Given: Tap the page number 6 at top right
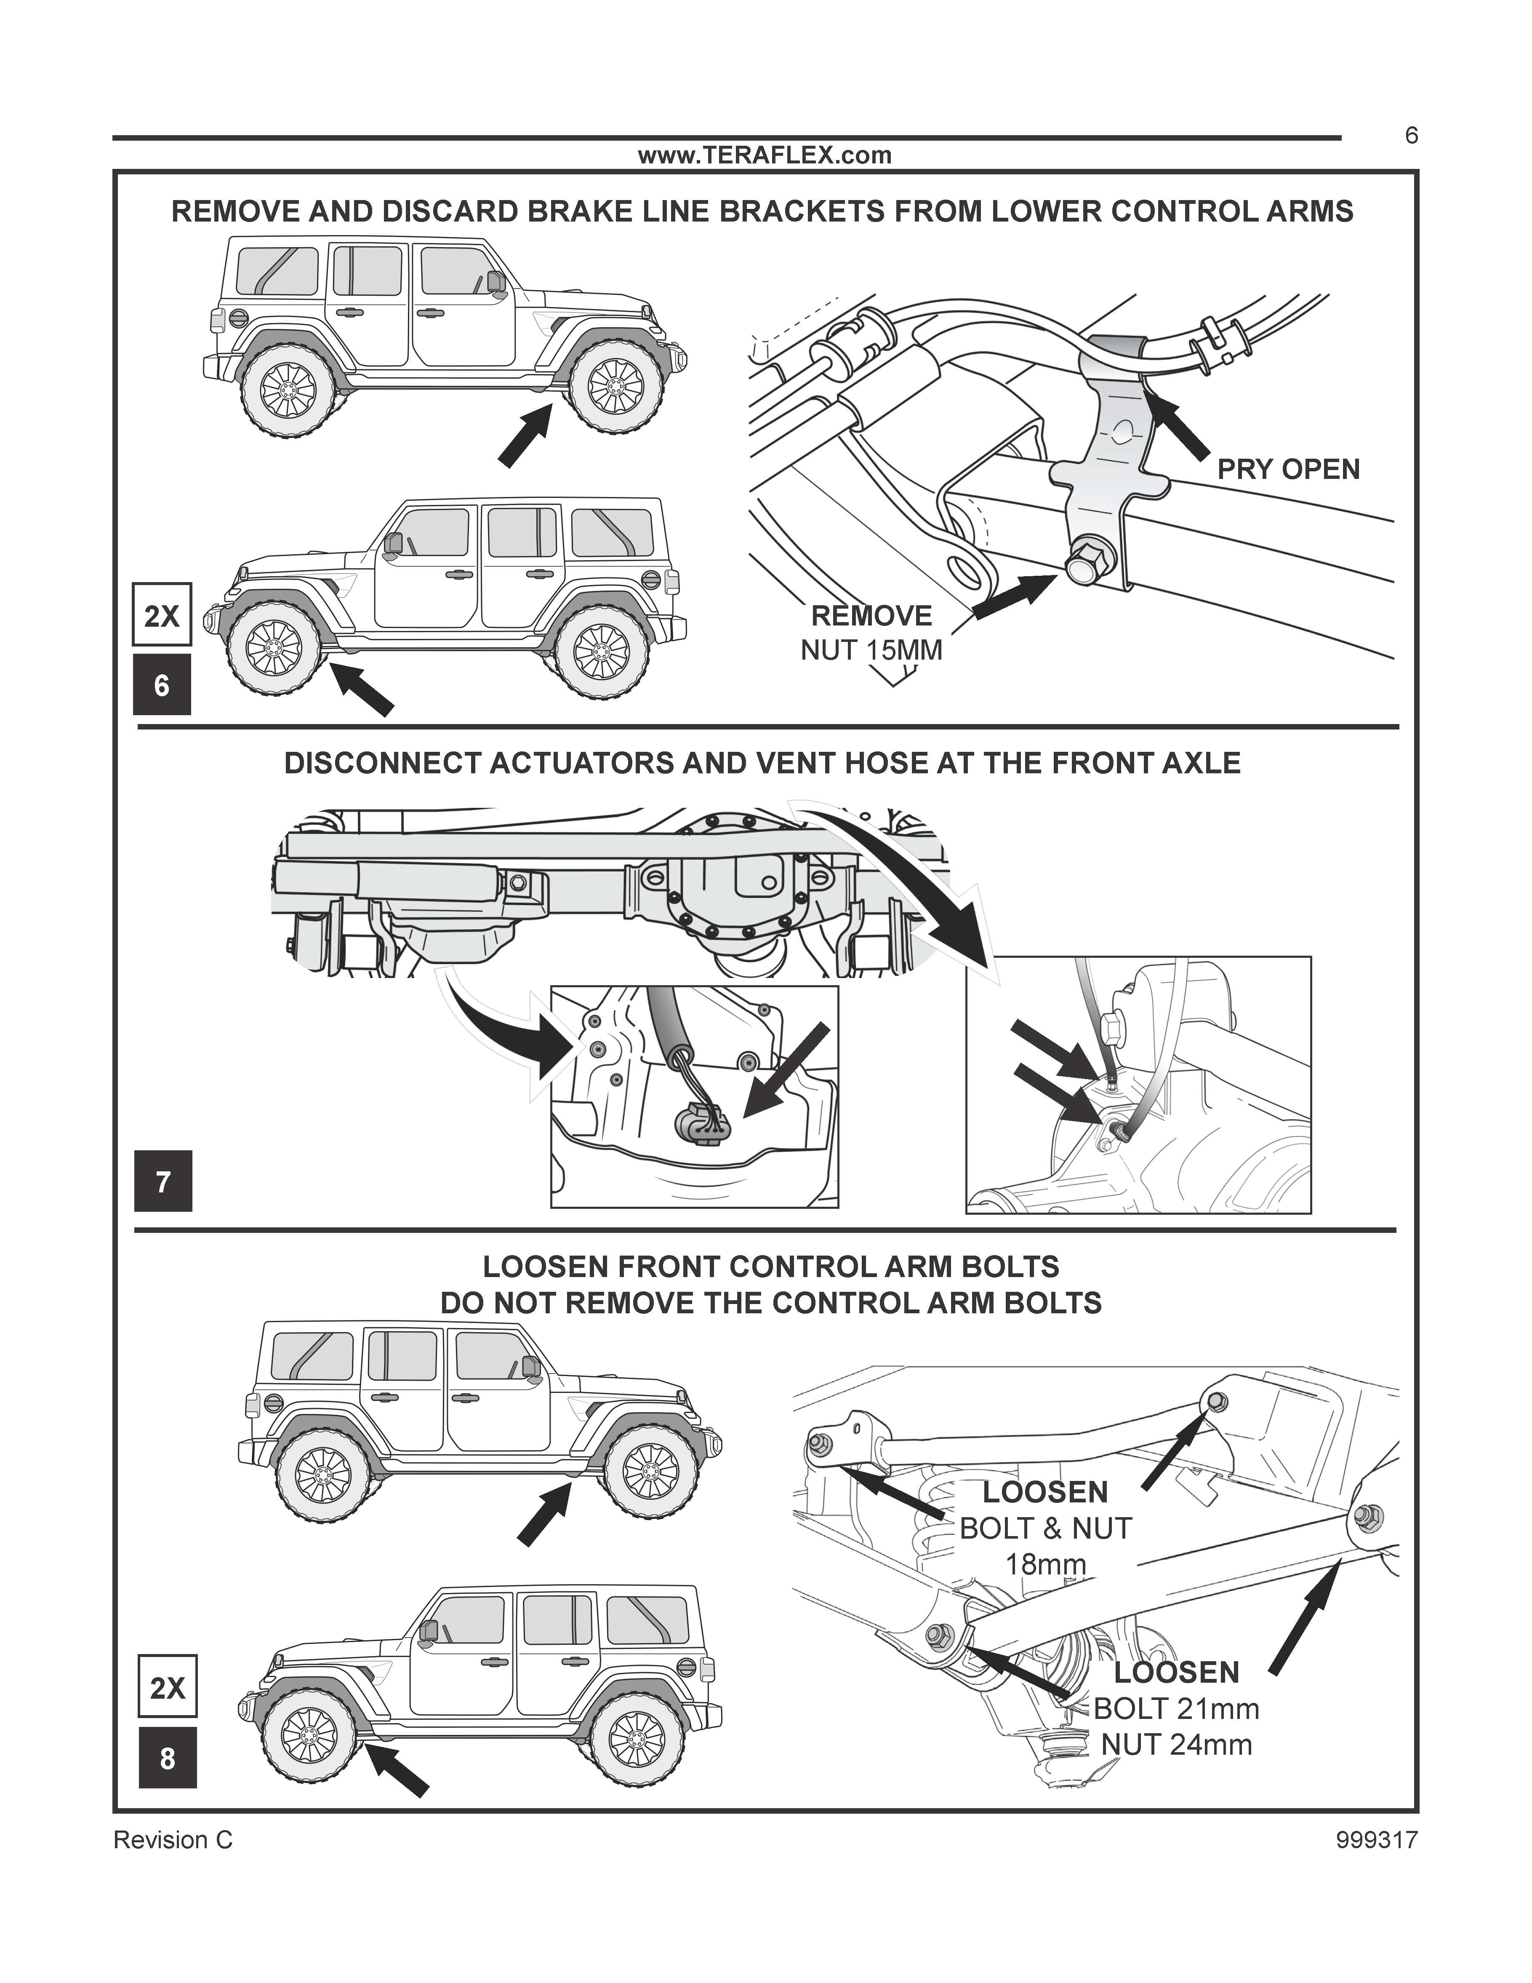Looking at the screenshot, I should (x=1410, y=136).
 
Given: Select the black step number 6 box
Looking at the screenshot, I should (x=162, y=684).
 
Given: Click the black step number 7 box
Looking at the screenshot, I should (x=163, y=1181).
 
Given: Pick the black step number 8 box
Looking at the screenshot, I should (x=167, y=1759).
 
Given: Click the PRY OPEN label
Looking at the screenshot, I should (x=1288, y=469).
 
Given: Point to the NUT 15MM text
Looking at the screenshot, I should (x=871, y=650).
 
